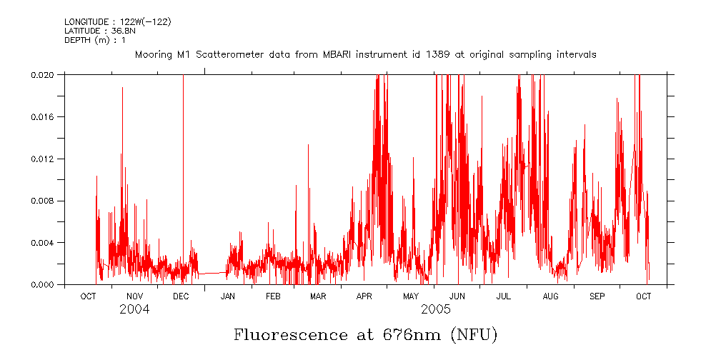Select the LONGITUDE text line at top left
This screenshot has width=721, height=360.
pyautogui.click(x=118, y=22)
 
